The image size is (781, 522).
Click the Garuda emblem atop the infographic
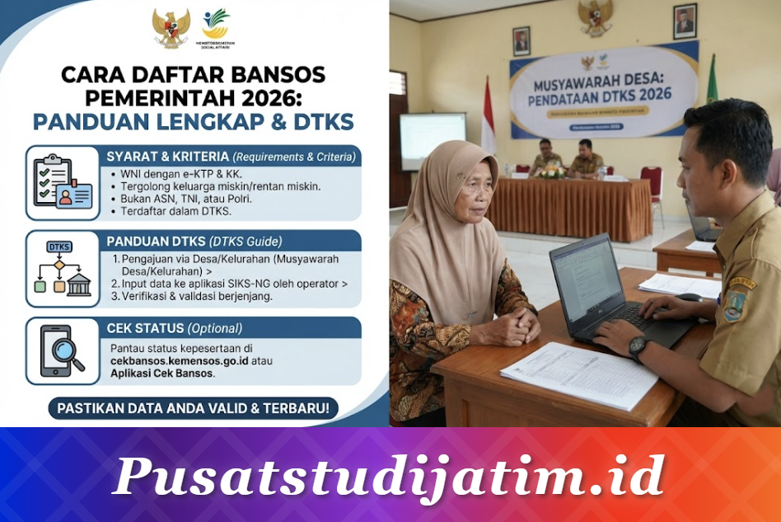tap(171, 28)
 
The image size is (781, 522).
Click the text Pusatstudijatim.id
tap(388, 476)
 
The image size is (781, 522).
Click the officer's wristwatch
tap(638, 347)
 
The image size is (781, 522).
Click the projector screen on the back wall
tap(432, 139)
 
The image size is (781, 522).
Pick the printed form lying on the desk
tap(578, 374)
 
